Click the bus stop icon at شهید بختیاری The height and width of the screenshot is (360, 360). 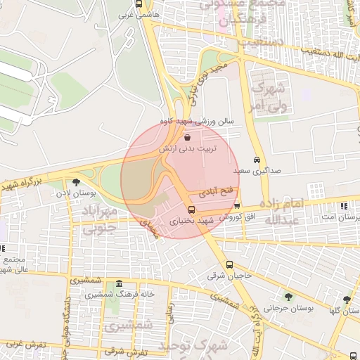click(191, 210)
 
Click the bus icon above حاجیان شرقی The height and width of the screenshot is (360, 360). click(230, 265)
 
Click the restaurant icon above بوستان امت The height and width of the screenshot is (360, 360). click(344, 206)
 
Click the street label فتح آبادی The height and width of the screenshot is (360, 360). click(215, 191)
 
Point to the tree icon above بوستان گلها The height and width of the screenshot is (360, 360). click(346, 300)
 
